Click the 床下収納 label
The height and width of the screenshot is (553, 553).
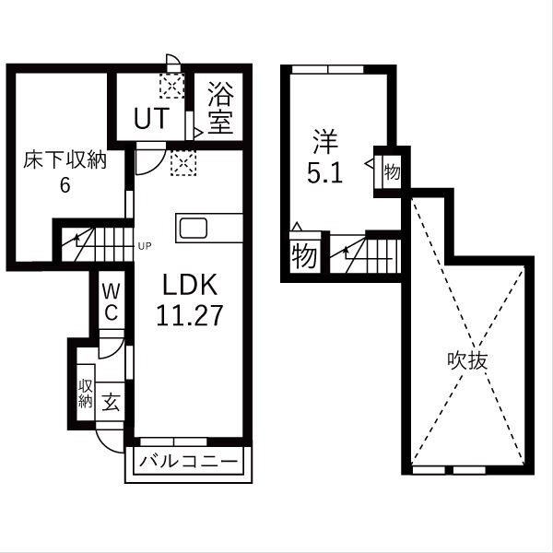(x=65, y=160)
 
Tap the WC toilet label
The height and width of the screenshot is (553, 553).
(x=110, y=300)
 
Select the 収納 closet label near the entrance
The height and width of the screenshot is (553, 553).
(x=85, y=393)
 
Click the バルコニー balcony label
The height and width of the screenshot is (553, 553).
(x=189, y=460)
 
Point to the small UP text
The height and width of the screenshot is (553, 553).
(x=144, y=245)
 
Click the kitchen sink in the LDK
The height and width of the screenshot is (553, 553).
(x=194, y=228)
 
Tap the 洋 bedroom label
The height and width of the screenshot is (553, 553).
(x=324, y=143)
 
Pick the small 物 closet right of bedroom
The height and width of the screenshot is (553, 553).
(x=391, y=171)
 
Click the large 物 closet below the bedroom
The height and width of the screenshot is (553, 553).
(x=302, y=254)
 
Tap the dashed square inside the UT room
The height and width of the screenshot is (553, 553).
(x=171, y=86)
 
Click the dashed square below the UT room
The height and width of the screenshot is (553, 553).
(x=183, y=163)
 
